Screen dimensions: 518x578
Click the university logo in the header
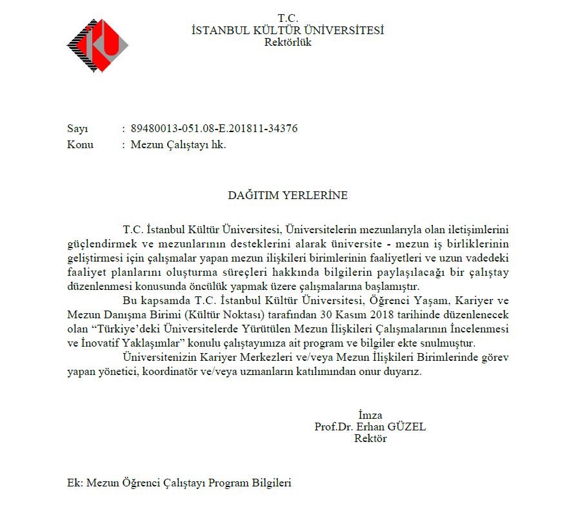97,46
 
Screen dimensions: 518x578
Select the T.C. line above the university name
288,18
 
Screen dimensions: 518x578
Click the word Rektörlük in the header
288,43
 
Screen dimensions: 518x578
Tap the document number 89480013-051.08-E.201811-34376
214,129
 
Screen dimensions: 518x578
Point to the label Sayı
77,129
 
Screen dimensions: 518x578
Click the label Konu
80,144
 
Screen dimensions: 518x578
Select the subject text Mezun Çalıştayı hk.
178,144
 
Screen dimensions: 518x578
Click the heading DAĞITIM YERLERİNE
288,195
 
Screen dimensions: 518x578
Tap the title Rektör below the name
370,439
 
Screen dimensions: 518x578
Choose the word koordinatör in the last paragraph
175,372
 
